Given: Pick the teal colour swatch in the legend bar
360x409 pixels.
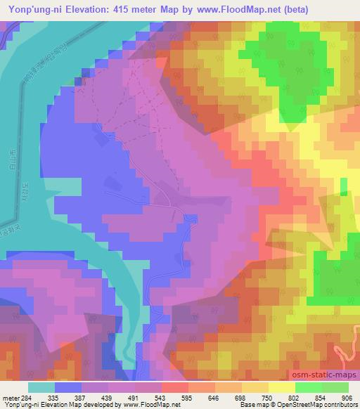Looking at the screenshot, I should pos(41,387).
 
